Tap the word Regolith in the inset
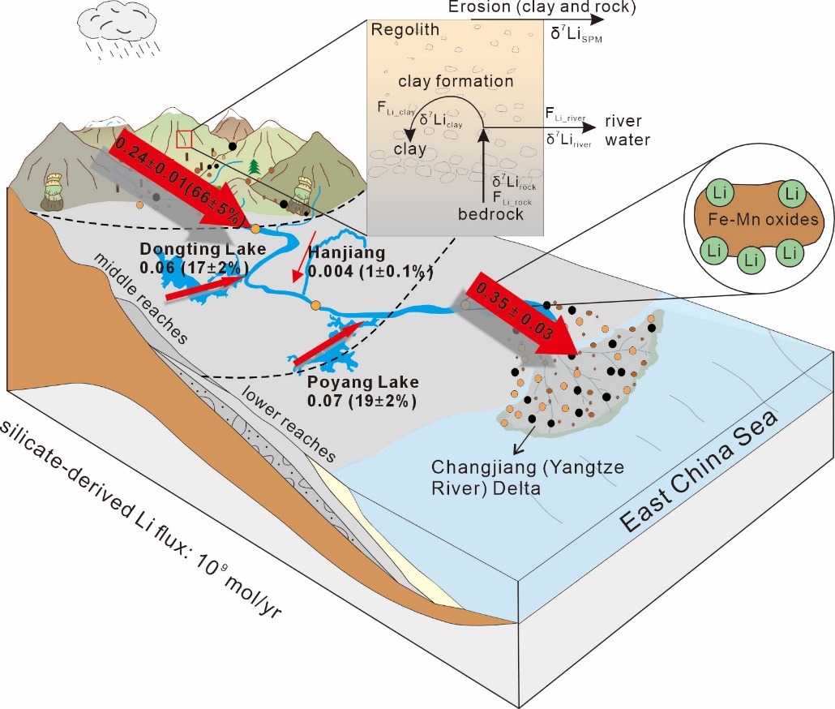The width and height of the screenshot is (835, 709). pos(405,31)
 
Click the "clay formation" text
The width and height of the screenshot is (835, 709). pos(455,81)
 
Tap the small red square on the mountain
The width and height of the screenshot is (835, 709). pos(185,139)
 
